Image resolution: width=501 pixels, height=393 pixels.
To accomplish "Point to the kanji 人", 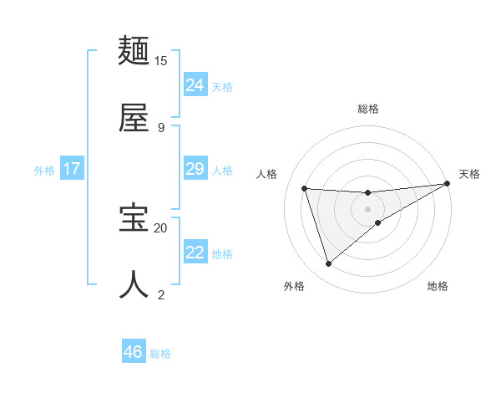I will coord(134,284).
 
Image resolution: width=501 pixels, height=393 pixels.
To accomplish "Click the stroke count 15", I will coord(161,60).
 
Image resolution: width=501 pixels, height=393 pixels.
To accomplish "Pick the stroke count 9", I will coord(161,127).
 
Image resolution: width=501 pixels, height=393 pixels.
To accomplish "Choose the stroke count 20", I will coord(161,227).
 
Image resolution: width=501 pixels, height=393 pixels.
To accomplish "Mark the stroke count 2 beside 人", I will coord(161,294).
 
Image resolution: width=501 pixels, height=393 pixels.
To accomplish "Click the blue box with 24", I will coord(195,85).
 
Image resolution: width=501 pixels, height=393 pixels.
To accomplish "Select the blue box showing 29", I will coord(195,169).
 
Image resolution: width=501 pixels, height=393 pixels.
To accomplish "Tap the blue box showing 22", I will coord(195,253).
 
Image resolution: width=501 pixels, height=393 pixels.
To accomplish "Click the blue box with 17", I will coord(72,169).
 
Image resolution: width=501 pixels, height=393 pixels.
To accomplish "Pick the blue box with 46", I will coord(134,352).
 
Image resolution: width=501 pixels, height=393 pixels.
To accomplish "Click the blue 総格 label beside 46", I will coord(160,354).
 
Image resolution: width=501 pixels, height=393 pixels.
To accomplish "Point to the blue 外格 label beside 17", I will coord(44,171).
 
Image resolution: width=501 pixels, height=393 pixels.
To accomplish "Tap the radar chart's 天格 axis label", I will coord(469,174).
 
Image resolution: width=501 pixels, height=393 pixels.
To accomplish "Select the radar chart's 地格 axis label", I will coord(438,286).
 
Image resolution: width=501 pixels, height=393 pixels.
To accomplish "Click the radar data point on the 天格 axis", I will coord(447,184).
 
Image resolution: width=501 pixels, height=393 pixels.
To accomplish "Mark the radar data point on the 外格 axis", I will coord(328,263).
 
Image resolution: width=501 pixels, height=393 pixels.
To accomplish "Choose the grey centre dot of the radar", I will coord(367,208).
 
